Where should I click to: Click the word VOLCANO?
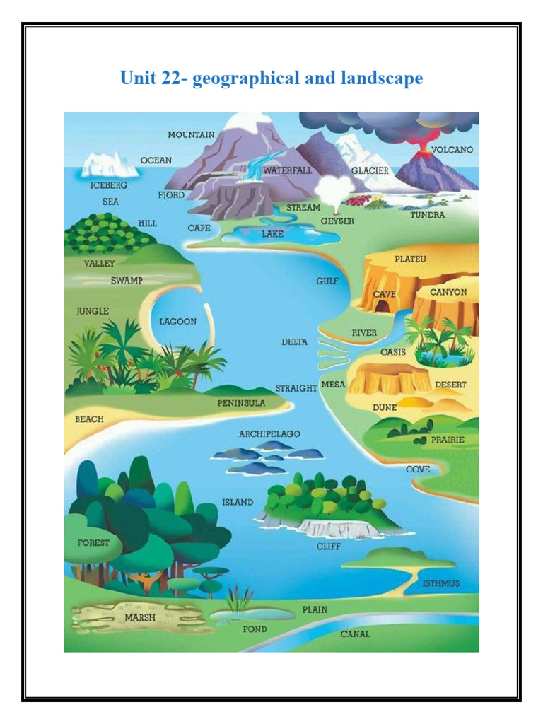pos(452,150)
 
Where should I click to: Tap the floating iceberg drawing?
pos(109,167)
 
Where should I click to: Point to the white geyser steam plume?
pos(332,189)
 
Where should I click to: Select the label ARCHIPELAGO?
pos(269,433)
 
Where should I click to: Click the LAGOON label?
pos(177,321)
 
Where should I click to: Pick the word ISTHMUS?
pos(440,583)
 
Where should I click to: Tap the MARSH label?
pos(140,617)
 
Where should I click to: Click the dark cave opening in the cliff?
pos(382,305)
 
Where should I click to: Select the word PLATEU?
pos(410,259)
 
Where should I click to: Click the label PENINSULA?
pos(241,403)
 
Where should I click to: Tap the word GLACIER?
pos(370,171)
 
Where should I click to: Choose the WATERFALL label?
pos(287,170)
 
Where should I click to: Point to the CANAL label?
pos(355,634)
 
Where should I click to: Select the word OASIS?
pos(393,351)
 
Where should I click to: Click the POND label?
pos(255,629)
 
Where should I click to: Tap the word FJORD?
pos(171,194)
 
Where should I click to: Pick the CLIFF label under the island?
pos(329,547)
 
